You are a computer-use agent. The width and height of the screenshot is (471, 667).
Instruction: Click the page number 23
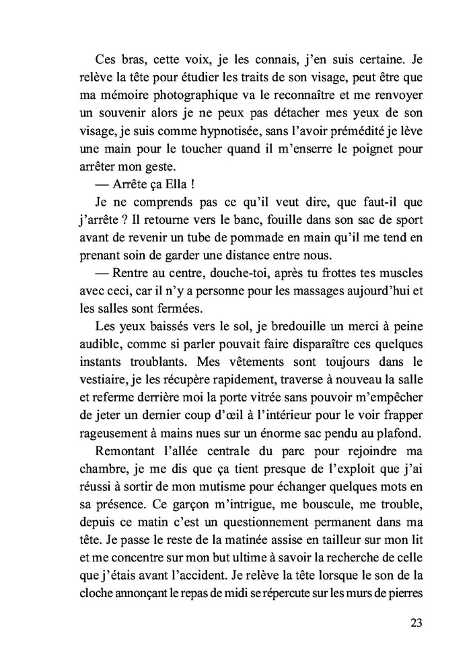pos(414,622)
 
